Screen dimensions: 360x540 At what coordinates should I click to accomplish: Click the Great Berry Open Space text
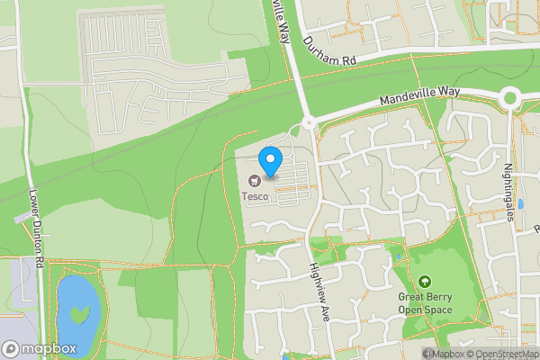click(425, 303)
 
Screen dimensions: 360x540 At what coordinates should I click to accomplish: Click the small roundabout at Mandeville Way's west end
click(309, 122)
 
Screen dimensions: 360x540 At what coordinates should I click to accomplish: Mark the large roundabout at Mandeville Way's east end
click(510, 97)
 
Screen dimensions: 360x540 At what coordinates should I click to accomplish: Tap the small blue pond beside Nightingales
click(520, 204)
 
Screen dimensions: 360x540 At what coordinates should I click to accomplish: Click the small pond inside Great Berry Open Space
click(398, 260)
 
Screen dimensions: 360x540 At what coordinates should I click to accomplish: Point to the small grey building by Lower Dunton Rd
click(23, 219)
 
